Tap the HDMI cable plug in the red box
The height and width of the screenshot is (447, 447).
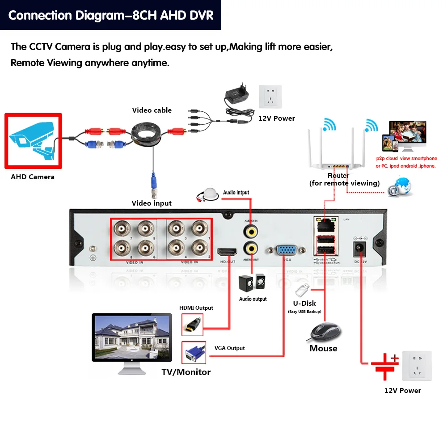pos(192,325)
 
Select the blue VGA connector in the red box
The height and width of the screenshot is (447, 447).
pos(192,352)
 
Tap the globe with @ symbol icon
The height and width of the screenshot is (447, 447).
pos(400,187)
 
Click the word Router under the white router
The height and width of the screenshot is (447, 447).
pos(338,176)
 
